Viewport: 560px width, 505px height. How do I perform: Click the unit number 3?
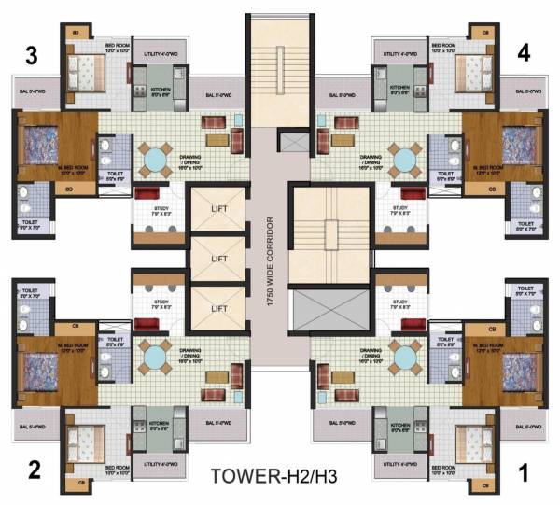click(32, 56)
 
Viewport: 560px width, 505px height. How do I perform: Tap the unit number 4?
click(524, 53)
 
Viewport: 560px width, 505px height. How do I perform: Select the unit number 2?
click(35, 469)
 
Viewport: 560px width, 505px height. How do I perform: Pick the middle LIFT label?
click(219, 258)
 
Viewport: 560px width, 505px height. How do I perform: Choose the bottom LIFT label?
click(219, 307)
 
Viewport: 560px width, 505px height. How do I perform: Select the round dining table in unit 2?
click(153, 356)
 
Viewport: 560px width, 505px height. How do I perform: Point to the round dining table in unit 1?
click(405, 356)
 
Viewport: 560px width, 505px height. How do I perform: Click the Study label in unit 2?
click(154, 302)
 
